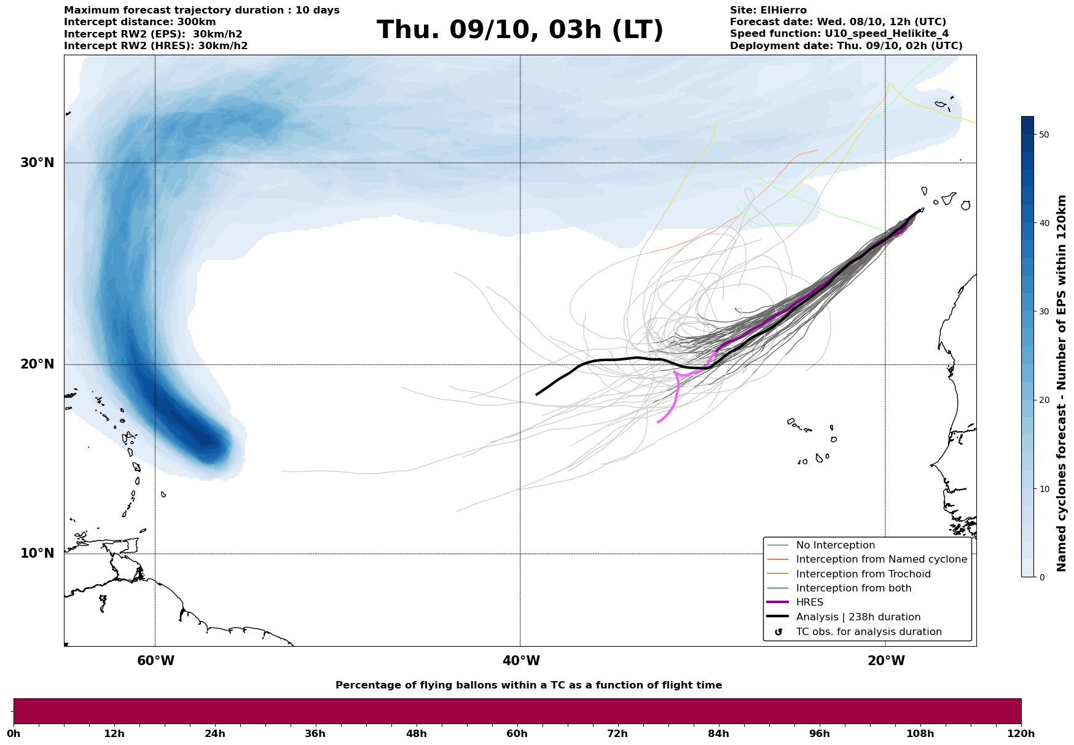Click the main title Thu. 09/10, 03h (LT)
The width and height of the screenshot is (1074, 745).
(520, 30)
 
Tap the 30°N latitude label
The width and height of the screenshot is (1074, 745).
(37, 163)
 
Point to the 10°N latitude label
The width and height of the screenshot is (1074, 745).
(37, 553)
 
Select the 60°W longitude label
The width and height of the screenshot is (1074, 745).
(155, 661)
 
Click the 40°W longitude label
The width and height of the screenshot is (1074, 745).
(521, 661)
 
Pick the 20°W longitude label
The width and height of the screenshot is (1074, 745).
(886, 661)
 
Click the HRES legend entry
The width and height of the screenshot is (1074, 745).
(809, 603)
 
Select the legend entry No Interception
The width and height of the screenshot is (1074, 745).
(836, 545)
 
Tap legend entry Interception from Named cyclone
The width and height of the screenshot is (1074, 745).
(882, 560)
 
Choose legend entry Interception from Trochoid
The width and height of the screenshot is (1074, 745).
(863, 574)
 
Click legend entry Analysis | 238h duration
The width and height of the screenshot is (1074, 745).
(858, 617)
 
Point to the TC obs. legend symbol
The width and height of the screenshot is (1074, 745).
(778, 632)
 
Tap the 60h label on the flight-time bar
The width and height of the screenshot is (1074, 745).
(517, 734)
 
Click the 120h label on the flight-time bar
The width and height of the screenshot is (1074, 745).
(1021, 734)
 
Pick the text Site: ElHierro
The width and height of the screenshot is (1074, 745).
(768, 10)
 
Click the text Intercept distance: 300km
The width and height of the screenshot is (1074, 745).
(140, 22)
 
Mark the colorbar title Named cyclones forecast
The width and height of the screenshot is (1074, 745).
(1061, 383)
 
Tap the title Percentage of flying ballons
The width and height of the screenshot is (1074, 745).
(528, 685)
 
